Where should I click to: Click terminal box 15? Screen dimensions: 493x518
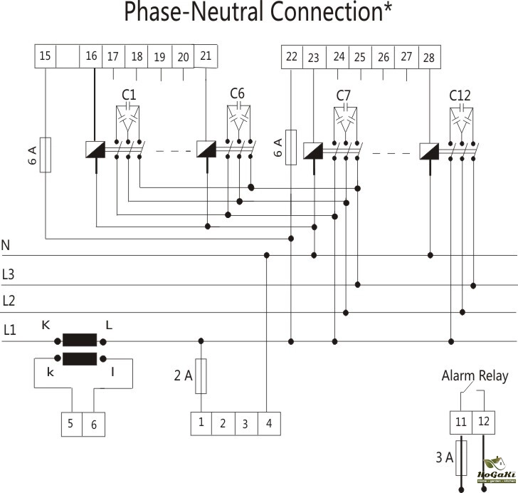(x=46, y=57)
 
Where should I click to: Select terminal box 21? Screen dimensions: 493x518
(x=206, y=56)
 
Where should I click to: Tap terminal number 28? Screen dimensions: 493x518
(x=429, y=57)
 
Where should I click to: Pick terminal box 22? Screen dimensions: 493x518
(x=292, y=57)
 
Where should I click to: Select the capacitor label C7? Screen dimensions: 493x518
(x=345, y=95)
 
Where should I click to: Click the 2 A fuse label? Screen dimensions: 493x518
(x=184, y=375)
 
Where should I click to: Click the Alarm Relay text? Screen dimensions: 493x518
(x=475, y=376)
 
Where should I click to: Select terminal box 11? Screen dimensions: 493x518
(x=461, y=422)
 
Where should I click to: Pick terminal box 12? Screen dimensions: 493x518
(x=484, y=422)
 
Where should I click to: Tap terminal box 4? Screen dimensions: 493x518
(x=268, y=423)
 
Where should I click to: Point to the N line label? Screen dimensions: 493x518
(x=6, y=246)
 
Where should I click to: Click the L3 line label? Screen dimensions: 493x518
(x=9, y=274)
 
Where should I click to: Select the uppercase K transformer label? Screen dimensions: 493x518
(x=46, y=325)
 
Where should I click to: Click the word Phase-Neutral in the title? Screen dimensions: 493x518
(x=203, y=12)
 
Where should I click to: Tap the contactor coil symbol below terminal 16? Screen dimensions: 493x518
(x=96, y=150)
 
